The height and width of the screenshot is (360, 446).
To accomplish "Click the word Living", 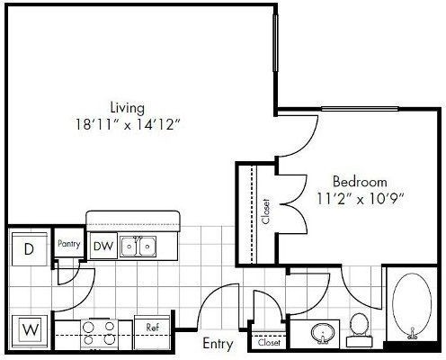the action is (128, 108).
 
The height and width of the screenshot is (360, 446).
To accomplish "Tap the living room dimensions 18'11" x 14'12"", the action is (128, 124).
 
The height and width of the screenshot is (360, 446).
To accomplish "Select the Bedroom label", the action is (360, 182).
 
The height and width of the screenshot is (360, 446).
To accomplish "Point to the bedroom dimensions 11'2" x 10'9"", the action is (361, 199).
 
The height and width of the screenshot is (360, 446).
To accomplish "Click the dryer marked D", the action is (30, 249).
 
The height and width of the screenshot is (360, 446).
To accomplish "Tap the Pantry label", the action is (69, 244).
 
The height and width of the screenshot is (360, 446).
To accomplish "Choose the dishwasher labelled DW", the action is (103, 246).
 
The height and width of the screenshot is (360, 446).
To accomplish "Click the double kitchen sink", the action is (138, 247).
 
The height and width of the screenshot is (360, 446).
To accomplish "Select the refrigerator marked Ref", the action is (152, 332).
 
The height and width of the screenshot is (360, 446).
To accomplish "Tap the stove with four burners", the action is (99, 333).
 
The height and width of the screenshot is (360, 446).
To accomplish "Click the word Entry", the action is (218, 344).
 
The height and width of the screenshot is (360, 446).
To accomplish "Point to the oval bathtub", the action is (412, 305).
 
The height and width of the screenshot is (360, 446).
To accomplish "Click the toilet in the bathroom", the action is (359, 329).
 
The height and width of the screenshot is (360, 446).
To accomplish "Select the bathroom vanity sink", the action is (323, 333).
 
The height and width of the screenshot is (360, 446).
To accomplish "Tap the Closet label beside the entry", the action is (269, 342).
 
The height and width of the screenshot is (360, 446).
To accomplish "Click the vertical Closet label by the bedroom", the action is (265, 211).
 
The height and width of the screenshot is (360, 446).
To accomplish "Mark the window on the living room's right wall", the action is (275, 43).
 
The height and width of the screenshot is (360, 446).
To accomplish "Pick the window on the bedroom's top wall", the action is (360, 109).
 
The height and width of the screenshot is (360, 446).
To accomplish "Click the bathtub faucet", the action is (413, 334).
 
